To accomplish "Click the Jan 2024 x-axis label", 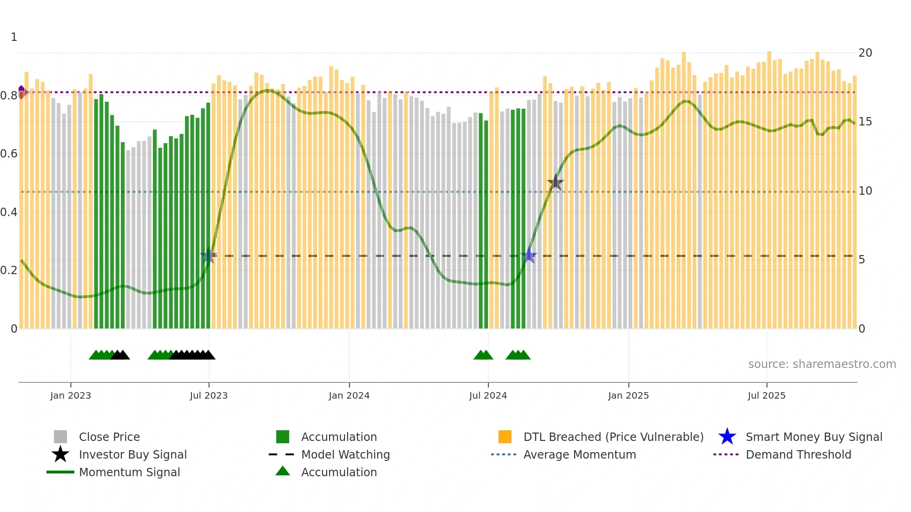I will click(x=349, y=395).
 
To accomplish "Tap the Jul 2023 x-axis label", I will click(x=209, y=395).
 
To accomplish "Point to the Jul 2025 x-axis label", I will click(x=766, y=395).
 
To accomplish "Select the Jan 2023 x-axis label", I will click(x=71, y=395).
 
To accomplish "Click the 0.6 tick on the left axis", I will click(x=9, y=154).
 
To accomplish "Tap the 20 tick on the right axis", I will click(x=865, y=53).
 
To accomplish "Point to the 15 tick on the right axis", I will click(x=865, y=122).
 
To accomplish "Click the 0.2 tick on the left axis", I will click(x=9, y=270).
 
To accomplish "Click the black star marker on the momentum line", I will click(x=555, y=183).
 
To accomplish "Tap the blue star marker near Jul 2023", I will click(x=208, y=256).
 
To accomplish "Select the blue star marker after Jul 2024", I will click(x=529, y=256).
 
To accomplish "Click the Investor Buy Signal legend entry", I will click(x=132, y=455).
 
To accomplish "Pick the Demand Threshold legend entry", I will click(x=798, y=455).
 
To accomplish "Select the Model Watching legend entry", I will click(x=345, y=455).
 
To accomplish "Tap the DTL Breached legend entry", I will click(x=613, y=437).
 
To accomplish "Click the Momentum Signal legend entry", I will click(x=129, y=473).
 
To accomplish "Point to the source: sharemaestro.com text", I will click(x=822, y=364).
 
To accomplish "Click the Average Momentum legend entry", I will click(x=579, y=455).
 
